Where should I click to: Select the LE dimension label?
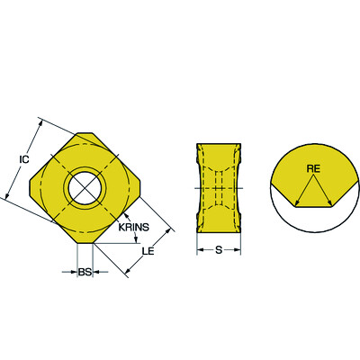pyautogui.click(x=148, y=250)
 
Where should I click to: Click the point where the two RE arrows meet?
pyautogui.click(x=310, y=176)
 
